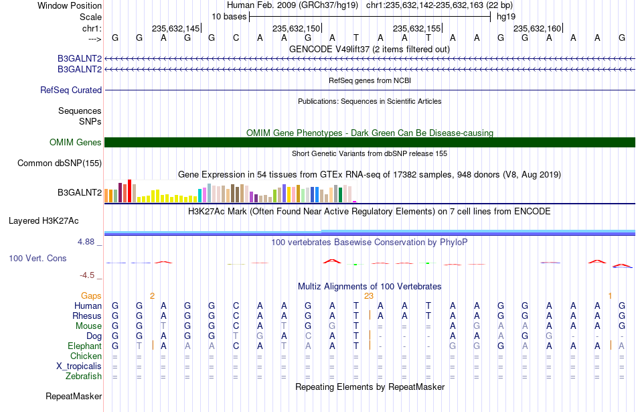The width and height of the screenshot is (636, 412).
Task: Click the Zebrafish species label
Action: click(x=84, y=376)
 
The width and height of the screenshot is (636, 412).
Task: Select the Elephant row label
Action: click(x=85, y=346)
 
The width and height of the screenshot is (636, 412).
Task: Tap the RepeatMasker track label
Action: click(x=74, y=396)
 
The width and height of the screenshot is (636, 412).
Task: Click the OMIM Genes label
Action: click(x=76, y=143)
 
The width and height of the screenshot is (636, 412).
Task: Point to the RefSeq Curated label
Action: click(x=71, y=90)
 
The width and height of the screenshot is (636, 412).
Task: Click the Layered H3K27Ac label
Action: click(x=44, y=221)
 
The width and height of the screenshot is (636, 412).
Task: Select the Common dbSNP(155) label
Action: click(x=60, y=163)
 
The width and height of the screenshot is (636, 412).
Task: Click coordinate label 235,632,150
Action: click(x=297, y=28)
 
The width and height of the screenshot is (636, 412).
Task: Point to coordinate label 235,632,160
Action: click(x=538, y=28)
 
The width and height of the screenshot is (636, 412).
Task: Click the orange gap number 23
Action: click(x=369, y=296)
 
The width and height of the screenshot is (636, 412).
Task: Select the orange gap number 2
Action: click(x=152, y=296)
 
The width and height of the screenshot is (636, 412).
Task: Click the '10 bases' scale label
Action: click(x=229, y=17)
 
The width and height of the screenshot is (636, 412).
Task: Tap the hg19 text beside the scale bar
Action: click(x=506, y=17)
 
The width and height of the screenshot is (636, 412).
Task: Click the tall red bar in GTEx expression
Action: click(x=130, y=191)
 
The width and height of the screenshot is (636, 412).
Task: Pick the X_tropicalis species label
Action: click(x=79, y=366)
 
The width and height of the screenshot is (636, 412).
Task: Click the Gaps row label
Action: click(x=91, y=296)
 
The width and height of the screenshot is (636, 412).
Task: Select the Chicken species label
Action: click(x=86, y=356)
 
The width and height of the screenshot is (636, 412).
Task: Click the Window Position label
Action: click(x=70, y=5)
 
